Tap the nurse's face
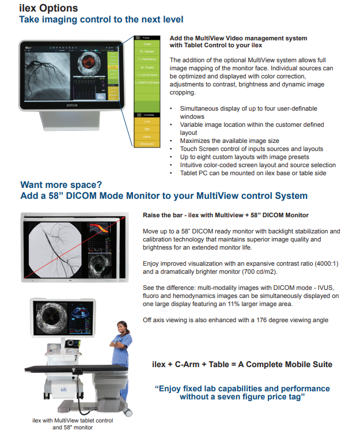tap(122, 327)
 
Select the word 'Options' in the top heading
tap(56, 9)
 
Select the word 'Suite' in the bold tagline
tap(320, 364)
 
